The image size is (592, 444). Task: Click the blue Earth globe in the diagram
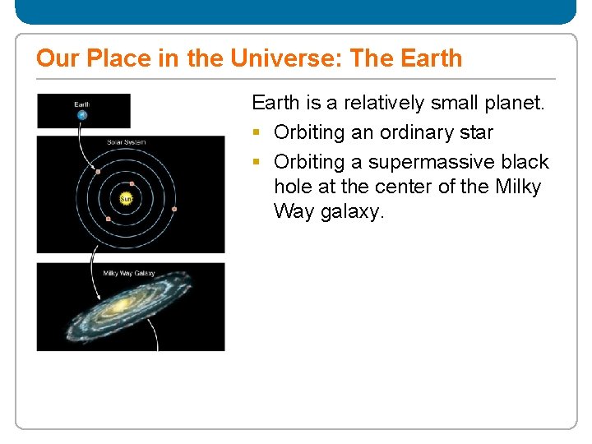pos(81,115)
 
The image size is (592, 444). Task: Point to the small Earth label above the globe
pos(81,104)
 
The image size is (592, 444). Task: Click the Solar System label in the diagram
pos(126,142)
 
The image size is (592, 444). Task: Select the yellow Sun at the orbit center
pos(127,198)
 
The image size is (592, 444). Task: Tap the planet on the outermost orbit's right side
pos(174,210)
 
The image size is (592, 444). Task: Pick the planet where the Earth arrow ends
pos(96,172)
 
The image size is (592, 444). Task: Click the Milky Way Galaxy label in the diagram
pos(128,273)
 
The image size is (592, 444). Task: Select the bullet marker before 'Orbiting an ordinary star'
pos(257,133)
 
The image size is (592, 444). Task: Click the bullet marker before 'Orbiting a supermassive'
pos(257,162)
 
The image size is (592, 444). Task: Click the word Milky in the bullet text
pos(518,187)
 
